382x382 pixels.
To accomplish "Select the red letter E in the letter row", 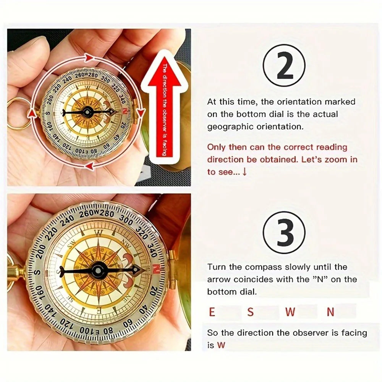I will click(212, 312).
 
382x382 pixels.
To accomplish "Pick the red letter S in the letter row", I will click(250, 312).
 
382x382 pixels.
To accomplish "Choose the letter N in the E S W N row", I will click(330, 312).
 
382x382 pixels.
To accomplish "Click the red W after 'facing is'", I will click(221, 345).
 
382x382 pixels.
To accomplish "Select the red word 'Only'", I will click(216, 147).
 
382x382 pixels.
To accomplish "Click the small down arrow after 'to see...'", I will click(244, 172).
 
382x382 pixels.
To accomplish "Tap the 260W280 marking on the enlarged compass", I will click(97, 213).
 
